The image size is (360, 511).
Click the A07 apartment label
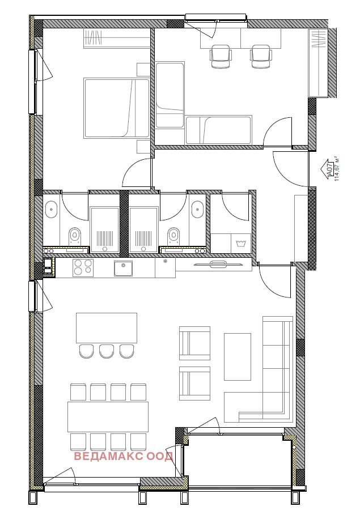329,169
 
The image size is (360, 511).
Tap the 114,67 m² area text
337,169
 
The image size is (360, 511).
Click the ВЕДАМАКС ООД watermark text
124,456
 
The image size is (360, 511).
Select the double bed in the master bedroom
116,108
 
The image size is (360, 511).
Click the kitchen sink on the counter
123,268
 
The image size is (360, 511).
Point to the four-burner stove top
83,267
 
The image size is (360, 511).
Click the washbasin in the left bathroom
51,210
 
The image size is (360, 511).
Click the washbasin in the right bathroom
198,210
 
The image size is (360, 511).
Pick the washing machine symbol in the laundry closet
241,243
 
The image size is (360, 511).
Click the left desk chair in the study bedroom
221,57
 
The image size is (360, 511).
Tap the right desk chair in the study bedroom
261,57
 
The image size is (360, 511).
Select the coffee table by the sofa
238,356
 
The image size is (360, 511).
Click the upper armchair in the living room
194,343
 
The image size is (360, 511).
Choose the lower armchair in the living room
194,383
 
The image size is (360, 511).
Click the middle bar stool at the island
107,351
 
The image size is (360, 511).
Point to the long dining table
108,416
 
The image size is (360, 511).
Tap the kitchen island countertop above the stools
107,328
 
